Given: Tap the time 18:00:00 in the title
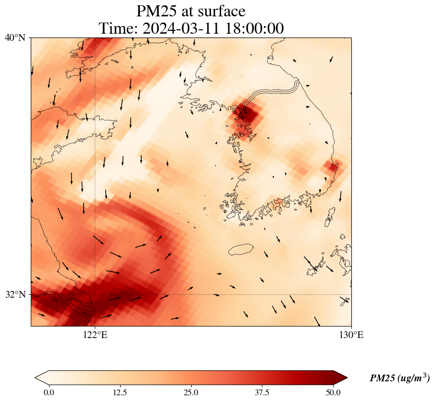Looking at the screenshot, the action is coord(254,28).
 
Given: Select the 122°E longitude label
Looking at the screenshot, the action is coord(95,335).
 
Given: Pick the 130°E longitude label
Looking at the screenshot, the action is coord(351,335).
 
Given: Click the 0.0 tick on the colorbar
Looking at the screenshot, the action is coord(49,392).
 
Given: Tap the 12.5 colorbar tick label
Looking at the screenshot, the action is coord(120,392).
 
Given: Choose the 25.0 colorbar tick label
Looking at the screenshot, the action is coord(191,392).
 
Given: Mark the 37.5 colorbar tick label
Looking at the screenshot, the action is coord(262,392).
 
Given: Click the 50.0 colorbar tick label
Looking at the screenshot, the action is coord(333,392).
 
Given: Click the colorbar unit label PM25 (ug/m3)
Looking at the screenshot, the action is coord(400,377).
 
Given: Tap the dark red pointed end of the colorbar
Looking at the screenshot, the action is coord(340,377).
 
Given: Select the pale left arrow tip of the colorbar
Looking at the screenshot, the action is coord(42,377).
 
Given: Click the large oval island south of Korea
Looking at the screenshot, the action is coord(241,249).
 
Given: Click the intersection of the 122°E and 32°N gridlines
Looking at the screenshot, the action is coord(95,294).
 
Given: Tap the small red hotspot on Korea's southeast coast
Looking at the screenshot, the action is coord(332,167).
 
